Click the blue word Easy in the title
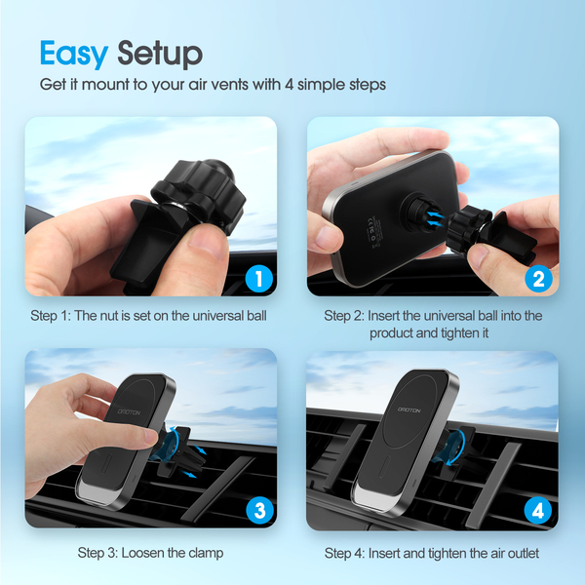(x=74, y=54)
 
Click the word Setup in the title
(x=160, y=54)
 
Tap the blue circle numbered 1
(x=259, y=278)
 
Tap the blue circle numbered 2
(x=539, y=278)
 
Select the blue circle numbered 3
(x=260, y=510)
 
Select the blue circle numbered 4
(x=538, y=511)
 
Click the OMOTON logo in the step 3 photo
(x=129, y=411)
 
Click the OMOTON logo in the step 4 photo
(x=409, y=410)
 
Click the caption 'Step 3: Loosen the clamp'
(x=150, y=553)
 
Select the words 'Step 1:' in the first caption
(x=51, y=316)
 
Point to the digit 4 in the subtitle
(x=290, y=84)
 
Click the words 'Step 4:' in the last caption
(x=344, y=553)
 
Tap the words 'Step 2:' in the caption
(x=344, y=316)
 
